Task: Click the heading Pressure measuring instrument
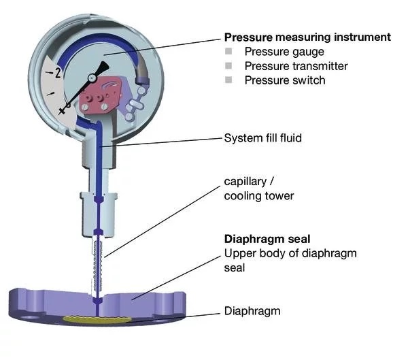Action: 307,37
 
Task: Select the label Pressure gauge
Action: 284,52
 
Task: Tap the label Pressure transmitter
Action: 296,66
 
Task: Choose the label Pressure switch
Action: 285,80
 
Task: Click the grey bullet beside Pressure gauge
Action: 228,51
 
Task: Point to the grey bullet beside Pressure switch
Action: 228,80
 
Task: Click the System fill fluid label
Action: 262,138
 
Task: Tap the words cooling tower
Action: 259,196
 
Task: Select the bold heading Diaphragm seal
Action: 267,239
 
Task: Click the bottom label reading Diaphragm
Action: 252,311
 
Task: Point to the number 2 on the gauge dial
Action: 58,73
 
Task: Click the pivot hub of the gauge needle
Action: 92,78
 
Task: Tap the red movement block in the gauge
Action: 100,95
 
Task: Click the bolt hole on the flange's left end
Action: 29,318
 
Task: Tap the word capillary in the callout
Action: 245,182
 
